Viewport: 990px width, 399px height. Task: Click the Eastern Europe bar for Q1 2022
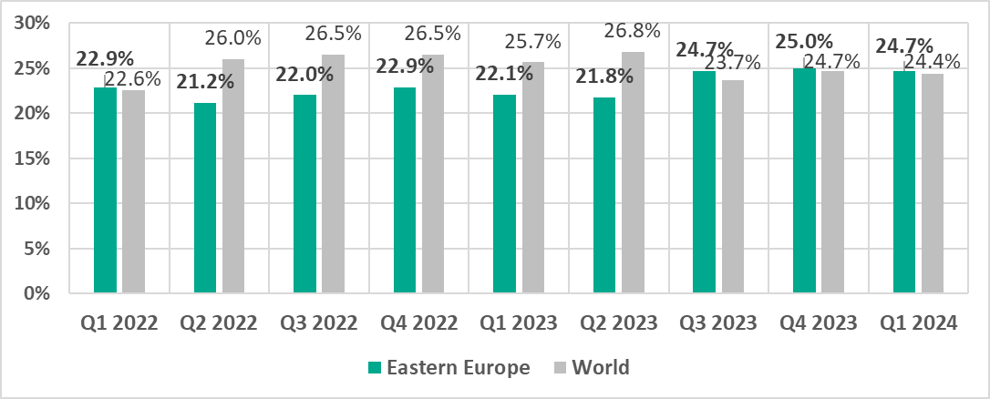tap(105, 190)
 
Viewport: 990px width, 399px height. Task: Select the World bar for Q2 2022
tap(233, 176)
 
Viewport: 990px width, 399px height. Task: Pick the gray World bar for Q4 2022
tap(433, 174)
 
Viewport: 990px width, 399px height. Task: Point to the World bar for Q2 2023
tap(633, 172)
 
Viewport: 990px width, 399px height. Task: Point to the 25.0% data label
tap(805, 42)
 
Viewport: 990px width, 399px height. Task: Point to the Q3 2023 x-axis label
tap(718, 322)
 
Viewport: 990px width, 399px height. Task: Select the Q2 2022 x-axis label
tap(219, 322)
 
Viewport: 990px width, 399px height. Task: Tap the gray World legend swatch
tap(561, 368)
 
